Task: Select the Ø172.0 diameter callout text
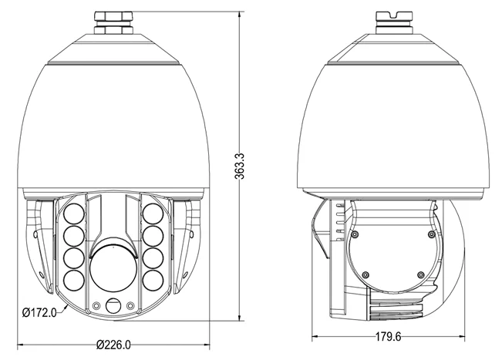(x=39, y=312)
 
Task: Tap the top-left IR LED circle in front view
(x=75, y=212)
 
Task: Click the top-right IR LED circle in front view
(x=152, y=212)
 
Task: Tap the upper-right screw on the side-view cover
(x=430, y=231)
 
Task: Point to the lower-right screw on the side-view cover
(x=419, y=275)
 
